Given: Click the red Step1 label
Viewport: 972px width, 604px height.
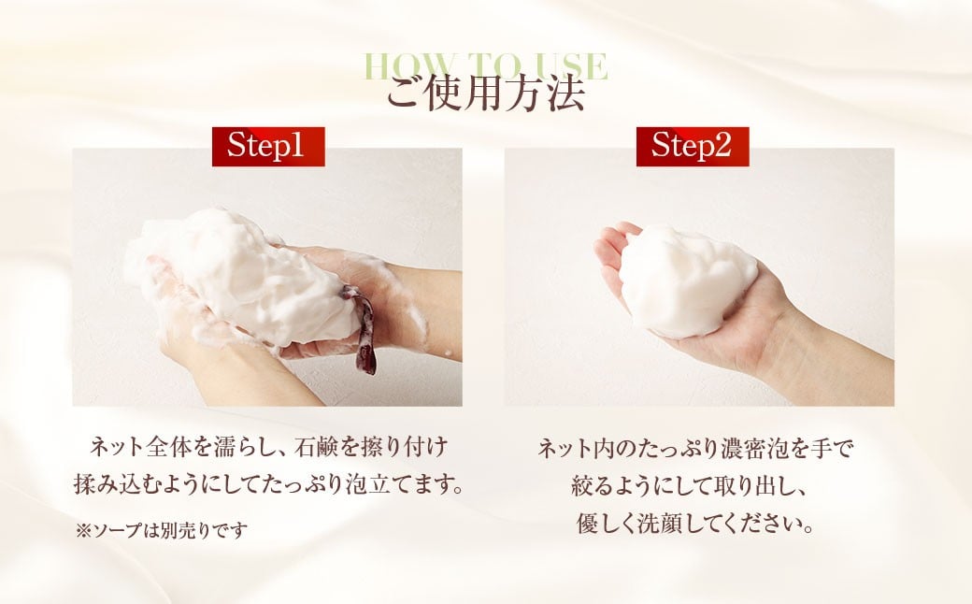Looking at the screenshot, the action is pos(268,147).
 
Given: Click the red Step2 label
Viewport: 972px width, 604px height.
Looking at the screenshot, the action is pos(693,147).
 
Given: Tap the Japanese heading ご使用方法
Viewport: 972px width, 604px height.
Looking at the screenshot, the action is pos(486,93).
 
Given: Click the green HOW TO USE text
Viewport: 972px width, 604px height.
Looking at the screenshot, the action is pos(485,65).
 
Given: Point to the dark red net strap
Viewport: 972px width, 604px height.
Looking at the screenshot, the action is pos(362,328).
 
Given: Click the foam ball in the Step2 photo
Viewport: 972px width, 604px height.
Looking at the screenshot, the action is pos(688,281).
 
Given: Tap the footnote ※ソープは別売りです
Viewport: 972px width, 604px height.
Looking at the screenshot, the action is pos(161,531).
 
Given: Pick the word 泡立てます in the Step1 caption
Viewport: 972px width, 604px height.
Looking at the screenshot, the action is pos(402,484).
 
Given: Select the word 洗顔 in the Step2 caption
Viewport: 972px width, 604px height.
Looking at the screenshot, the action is pos(663,524).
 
